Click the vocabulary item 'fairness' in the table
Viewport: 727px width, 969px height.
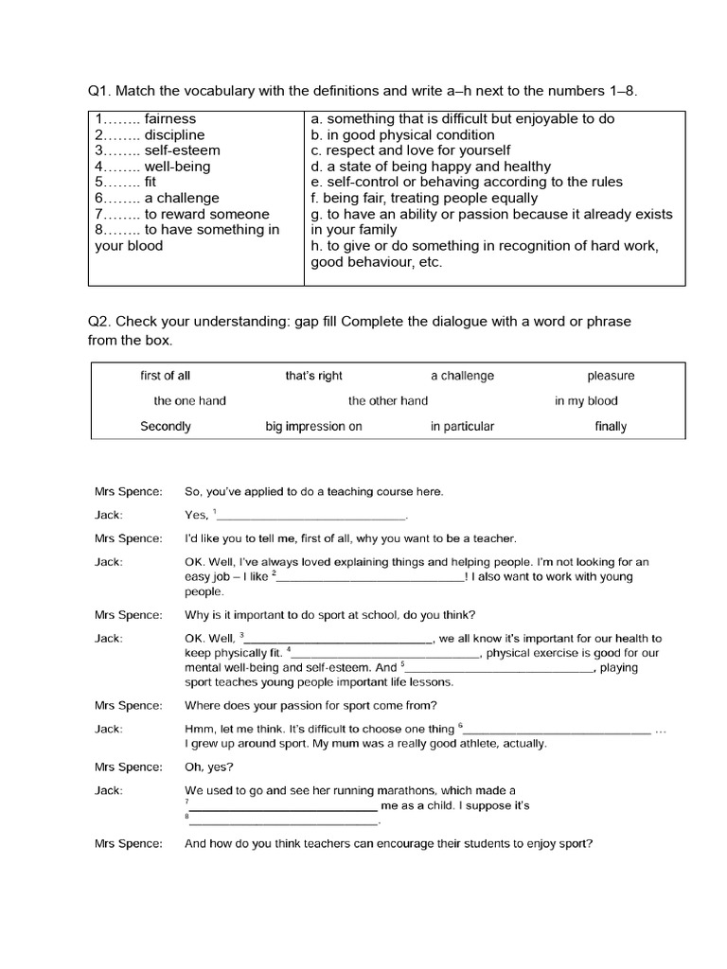[x=170, y=119]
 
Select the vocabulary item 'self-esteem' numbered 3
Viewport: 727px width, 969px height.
[x=182, y=150]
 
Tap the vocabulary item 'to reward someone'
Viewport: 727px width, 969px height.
[x=206, y=214]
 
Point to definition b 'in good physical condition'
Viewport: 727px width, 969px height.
[x=402, y=135]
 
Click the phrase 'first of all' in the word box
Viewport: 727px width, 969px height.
[x=166, y=376]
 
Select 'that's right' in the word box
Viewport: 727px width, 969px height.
[x=313, y=376]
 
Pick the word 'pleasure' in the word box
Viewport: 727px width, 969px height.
[x=611, y=376]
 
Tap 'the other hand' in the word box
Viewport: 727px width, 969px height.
[x=388, y=400]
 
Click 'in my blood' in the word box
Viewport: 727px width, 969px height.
[x=586, y=400]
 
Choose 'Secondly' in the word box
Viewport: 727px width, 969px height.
[x=166, y=426]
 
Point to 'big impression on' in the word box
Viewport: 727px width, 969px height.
[x=313, y=426]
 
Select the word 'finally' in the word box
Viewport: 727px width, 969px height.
[x=611, y=426]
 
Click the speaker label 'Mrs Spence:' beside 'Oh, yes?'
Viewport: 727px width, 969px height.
[x=129, y=767]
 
